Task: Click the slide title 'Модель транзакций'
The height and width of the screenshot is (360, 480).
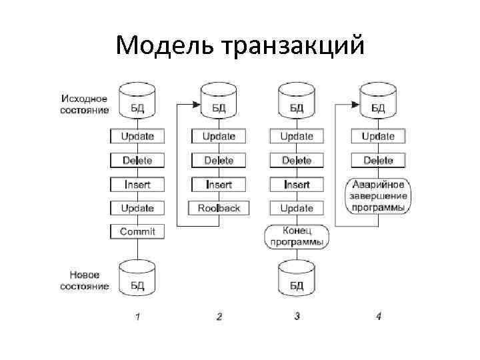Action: click(240, 46)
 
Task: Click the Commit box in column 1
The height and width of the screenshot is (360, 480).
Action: click(137, 232)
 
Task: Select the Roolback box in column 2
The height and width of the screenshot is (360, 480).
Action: click(219, 208)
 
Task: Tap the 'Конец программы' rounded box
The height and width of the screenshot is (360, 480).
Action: click(297, 237)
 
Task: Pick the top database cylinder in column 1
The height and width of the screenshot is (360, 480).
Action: click(137, 100)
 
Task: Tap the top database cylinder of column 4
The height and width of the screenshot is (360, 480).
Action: click(378, 100)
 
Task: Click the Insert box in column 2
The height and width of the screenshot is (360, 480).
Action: click(219, 184)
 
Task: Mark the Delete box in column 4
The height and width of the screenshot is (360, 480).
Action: click(378, 160)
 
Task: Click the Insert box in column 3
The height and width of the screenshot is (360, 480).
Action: click(297, 184)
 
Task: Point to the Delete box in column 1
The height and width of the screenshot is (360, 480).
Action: click(137, 160)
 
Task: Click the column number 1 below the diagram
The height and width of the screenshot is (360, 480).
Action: click(137, 317)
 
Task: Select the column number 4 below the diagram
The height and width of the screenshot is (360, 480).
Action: click(378, 317)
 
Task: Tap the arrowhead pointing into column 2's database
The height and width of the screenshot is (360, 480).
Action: click(197, 104)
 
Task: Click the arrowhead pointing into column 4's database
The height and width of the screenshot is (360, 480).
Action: click(356, 104)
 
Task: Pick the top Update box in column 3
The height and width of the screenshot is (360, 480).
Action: click(297, 136)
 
